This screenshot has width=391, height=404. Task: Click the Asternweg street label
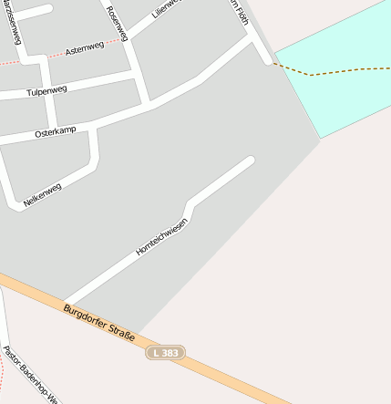click(x=86, y=47)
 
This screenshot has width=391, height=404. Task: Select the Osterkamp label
click(x=54, y=133)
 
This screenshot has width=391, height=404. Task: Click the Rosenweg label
click(x=118, y=23)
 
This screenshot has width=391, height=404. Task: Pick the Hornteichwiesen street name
click(x=161, y=236)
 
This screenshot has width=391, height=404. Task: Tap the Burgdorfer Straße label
click(x=99, y=324)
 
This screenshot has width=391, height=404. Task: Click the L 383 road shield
click(x=165, y=352)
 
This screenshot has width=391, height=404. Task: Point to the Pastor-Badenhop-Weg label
click(x=29, y=374)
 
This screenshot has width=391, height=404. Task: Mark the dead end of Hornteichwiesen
click(x=251, y=161)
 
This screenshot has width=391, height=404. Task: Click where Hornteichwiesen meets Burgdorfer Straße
click(x=66, y=304)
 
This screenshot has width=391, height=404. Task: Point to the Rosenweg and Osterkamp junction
click(x=147, y=104)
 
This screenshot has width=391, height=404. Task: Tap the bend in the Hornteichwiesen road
click(x=190, y=204)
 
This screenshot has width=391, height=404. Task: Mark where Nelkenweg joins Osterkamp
click(x=94, y=129)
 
